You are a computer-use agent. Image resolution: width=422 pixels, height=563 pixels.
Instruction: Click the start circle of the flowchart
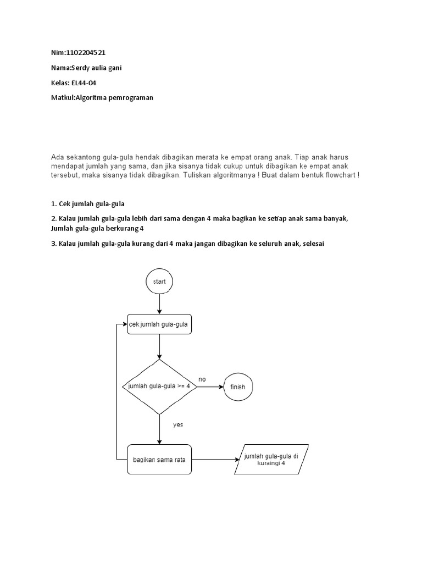[x=159, y=281]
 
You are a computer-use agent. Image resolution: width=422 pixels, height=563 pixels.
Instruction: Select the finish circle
[x=238, y=387]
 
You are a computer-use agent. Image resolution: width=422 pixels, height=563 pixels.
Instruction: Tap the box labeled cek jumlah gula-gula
[x=159, y=324]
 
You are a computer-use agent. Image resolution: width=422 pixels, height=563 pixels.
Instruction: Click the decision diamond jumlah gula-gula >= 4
[x=159, y=387]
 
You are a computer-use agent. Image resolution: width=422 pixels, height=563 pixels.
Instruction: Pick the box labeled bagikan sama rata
[x=159, y=460]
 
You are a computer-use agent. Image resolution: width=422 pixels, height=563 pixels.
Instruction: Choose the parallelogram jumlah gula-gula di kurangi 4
[x=271, y=459]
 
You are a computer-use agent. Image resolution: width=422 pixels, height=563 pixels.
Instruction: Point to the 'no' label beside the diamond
[x=202, y=379]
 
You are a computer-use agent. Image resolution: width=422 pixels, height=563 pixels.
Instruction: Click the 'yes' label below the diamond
[x=178, y=424]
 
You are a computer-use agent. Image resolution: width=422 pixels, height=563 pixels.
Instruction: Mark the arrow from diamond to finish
[x=210, y=387]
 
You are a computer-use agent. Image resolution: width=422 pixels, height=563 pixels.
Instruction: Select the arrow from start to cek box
[x=159, y=304]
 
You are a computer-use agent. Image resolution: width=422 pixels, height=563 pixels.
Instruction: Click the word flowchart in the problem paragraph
[x=338, y=174]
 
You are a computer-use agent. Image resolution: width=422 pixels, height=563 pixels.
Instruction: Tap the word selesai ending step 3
[x=313, y=244]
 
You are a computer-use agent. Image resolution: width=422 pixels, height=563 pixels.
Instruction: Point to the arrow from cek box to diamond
[x=159, y=346]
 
